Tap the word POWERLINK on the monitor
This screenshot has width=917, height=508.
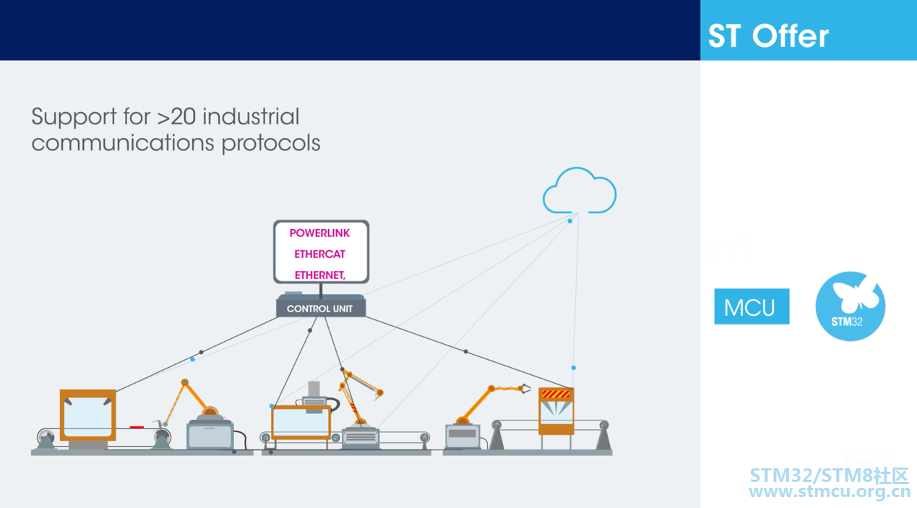click(319, 233)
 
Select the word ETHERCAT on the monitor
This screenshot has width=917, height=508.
click(319, 254)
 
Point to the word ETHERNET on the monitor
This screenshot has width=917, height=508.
click(319, 275)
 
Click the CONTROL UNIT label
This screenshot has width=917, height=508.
click(319, 309)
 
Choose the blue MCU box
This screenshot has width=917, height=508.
click(752, 306)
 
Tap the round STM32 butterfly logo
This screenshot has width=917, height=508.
click(851, 306)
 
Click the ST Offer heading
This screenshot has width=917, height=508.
click(768, 36)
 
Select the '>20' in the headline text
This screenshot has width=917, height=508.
click(176, 116)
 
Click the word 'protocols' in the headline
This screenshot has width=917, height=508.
click(271, 144)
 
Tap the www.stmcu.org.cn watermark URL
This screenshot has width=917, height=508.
click(830, 491)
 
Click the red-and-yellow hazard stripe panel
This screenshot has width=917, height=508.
click(556, 395)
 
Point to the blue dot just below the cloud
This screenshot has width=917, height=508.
click(570, 221)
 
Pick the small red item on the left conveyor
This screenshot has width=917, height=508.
click(137, 427)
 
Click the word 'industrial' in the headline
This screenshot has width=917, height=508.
click(251, 116)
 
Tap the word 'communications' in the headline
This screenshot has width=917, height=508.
click(123, 143)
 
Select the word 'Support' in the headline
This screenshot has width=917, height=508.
click(74, 118)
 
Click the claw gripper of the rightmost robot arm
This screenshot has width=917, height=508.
click(525, 389)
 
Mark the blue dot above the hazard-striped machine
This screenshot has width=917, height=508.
click(574, 368)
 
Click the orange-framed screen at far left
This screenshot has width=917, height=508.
click(87, 415)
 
